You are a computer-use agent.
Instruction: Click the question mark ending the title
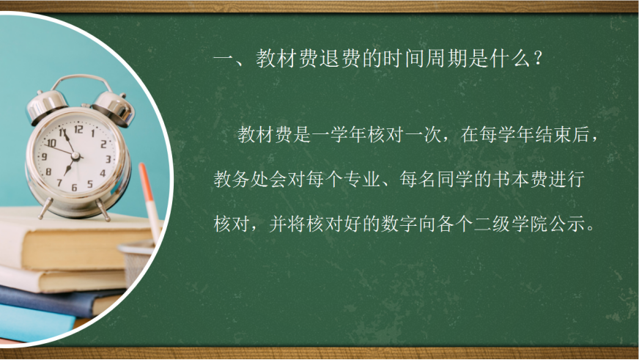tap(538, 59)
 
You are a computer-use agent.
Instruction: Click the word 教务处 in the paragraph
tap(241, 179)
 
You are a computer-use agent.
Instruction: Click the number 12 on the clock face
tap(78, 129)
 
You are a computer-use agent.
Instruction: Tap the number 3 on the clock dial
tap(108, 159)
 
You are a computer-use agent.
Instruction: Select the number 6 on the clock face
tap(74, 188)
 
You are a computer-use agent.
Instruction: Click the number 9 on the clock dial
tap(45, 157)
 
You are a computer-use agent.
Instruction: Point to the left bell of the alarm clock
tap(45, 104)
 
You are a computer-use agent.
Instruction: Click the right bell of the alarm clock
tap(115, 106)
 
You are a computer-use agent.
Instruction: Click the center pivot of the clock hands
tap(75, 155)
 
